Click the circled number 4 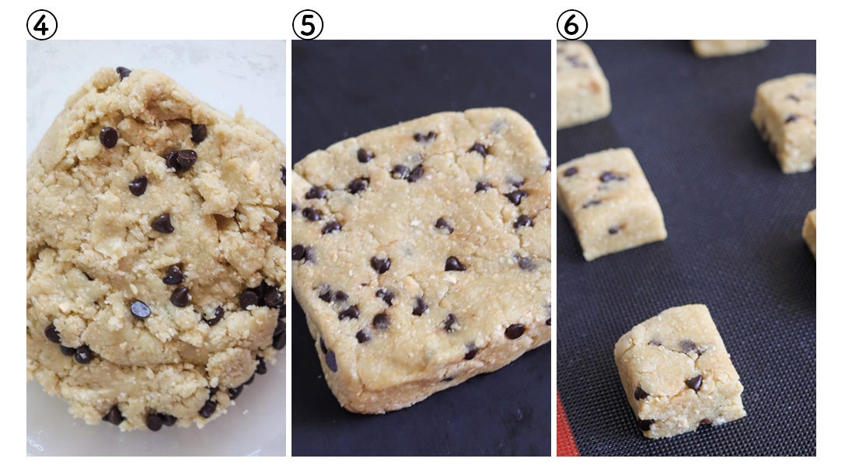tap(41, 25)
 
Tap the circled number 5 tap(307, 25)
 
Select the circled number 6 tap(572, 25)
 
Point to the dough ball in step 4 tap(156, 248)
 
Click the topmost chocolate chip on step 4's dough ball tap(124, 72)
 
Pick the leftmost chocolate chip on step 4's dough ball tap(52, 334)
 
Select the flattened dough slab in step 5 tap(421, 259)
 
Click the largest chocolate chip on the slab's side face tap(330, 360)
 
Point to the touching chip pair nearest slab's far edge tap(425, 137)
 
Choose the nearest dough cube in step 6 tap(679, 371)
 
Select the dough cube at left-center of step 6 tap(610, 203)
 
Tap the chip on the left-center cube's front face tap(614, 230)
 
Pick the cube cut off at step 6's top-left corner tap(582, 83)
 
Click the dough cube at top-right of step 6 tap(784, 123)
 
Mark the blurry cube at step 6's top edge tap(728, 47)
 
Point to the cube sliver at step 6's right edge tap(809, 232)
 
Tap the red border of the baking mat tap(565, 429)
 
